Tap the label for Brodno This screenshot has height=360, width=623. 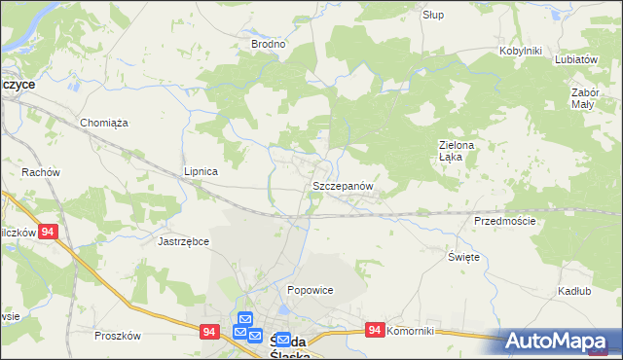[268, 44]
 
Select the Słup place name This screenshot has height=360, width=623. [433, 15]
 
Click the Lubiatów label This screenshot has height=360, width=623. [575, 58]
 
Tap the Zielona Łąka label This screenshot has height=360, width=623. [455, 151]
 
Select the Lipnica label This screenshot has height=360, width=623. [201, 171]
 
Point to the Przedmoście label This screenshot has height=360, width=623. [505, 221]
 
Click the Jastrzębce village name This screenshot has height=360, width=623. [184, 240]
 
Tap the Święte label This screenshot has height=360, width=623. [463, 256]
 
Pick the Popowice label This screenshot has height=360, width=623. [311, 290]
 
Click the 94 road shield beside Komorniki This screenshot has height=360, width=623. [375, 331]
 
